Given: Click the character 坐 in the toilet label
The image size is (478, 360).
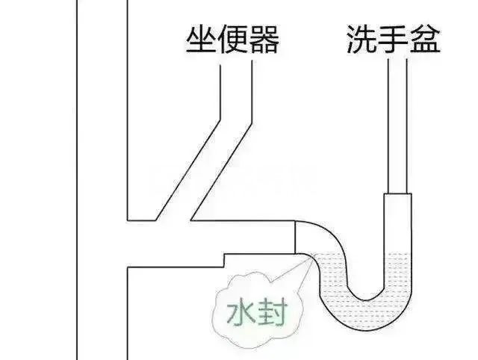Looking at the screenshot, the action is pyautogui.click(x=201, y=40).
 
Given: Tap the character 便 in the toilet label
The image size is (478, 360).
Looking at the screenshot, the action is pyautogui.click(x=233, y=40).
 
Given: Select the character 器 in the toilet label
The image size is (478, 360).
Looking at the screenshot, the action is pyautogui.click(x=264, y=40).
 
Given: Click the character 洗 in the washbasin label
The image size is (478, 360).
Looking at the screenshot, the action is pyautogui.click(x=361, y=39).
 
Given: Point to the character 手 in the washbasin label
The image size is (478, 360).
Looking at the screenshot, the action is pyautogui.click(x=394, y=39).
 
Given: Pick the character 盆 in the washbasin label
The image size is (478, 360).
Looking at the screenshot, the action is pyautogui.click(x=425, y=39).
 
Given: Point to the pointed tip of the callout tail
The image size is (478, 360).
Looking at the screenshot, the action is pyautogui.click(x=313, y=255).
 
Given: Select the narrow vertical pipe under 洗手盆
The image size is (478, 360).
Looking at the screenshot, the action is pyautogui.click(x=397, y=126).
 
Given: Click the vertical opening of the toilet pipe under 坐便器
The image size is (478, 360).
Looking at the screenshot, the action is pyautogui.click(x=236, y=91).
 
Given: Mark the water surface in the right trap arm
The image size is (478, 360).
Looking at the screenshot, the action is pyautogui.click(x=397, y=253).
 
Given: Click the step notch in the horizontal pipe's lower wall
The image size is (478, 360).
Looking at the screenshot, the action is pyautogui.click(x=224, y=261).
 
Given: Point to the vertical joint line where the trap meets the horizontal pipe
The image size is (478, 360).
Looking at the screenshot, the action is pyautogui.click(x=295, y=237).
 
